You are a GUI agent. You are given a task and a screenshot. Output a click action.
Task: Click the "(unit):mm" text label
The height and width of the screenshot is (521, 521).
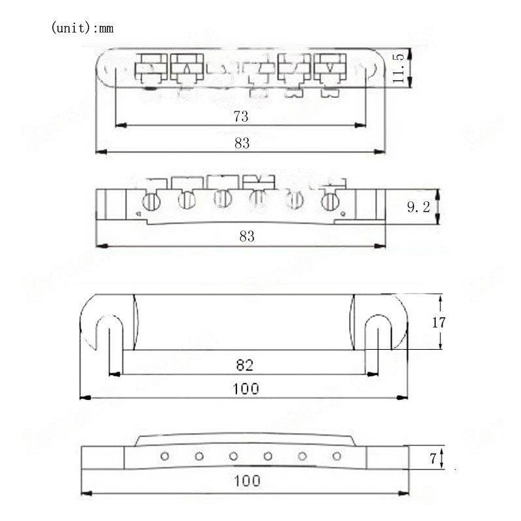[x=81, y=29]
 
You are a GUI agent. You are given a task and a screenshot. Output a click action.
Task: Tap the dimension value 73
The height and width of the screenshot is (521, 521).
[x=242, y=117]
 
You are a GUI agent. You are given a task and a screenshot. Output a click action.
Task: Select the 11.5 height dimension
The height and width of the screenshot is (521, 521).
[x=399, y=67]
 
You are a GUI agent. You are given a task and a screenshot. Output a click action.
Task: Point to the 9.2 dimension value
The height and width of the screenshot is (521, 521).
[x=417, y=207]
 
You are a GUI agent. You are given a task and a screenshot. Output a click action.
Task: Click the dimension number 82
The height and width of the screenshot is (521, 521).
[x=246, y=365]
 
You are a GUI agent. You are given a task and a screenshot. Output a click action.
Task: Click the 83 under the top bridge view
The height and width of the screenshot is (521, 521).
[x=242, y=143]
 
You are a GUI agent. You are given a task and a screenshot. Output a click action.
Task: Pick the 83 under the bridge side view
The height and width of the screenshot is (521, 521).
[x=246, y=236]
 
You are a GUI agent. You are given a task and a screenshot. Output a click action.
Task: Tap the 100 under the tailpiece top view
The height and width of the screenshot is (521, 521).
[x=246, y=389]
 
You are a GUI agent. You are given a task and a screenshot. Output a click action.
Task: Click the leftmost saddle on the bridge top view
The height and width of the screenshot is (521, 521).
[x=151, y=67]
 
